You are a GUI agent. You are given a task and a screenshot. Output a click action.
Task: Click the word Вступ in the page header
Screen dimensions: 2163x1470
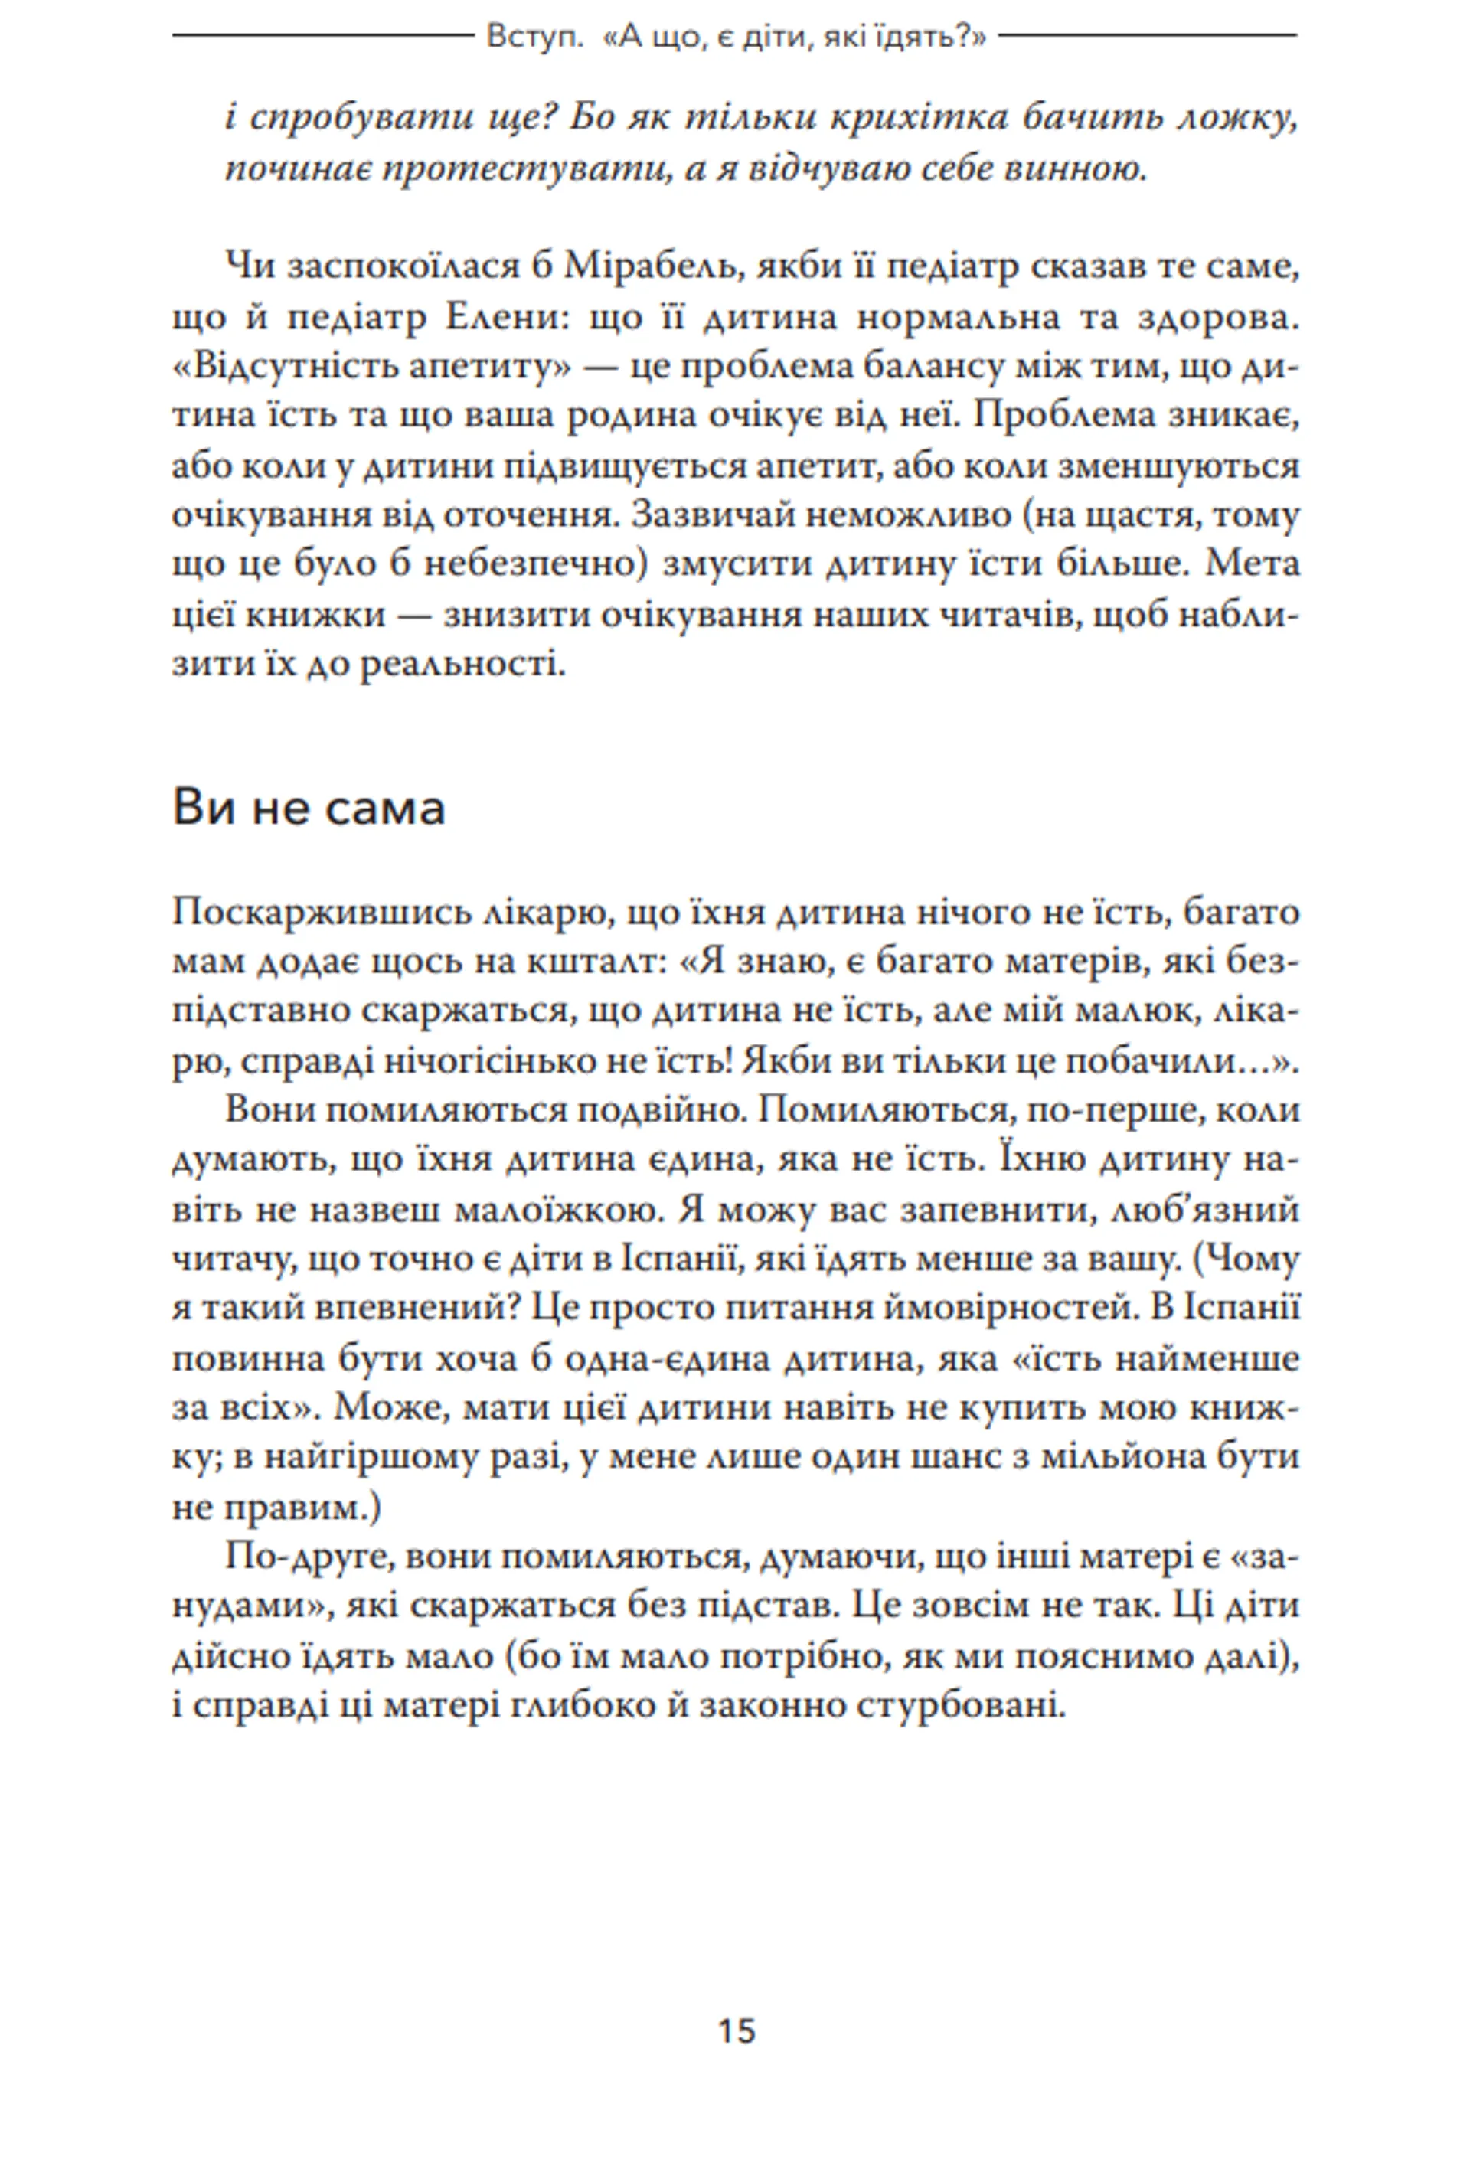pyautogui.click(x=522, y=38)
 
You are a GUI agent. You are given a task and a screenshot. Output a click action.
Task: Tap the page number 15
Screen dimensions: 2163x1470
pyautogui.click(x=736, y=2031)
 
